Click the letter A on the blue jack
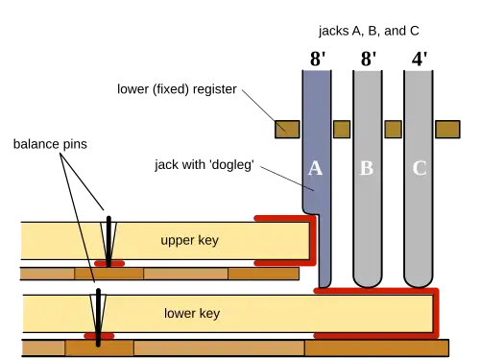(315, 168)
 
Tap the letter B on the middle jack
(367, 168)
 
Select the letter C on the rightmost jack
(420, 168)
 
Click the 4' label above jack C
(420, 59)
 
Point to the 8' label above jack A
(318, 59)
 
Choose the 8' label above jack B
(369, 59)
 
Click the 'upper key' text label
(190, 240)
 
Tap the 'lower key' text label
(192, 313)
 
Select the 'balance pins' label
(50, 144)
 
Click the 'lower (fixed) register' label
(177, 89)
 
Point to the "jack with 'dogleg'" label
(204, 165)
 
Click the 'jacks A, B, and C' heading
(369, 31)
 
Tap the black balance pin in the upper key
(108, 242)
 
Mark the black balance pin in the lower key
(98, 318)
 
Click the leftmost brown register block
(287, 130)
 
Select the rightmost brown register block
(447, 130)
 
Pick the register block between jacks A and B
(342, 130)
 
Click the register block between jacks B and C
(393, 130)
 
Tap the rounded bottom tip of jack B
(368, 283)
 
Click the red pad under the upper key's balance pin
(109, 264)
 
